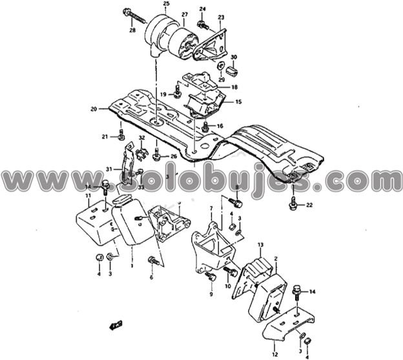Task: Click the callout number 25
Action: (x=166, y=4)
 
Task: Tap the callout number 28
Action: (x=132, y=30)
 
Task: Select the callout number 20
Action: (x=94, y=109)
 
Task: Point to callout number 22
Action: (x=309, y=205)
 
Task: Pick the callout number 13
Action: (x=260, y=245)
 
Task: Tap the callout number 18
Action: (x=234, y=87)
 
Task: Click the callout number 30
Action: (x=234, y=57)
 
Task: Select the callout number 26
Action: (x=173, y=156)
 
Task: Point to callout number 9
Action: (x=211, y=294)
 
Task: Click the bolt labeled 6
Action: (x=154, y=261)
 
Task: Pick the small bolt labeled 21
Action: (x=121, y=135)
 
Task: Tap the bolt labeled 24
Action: (x=203, y=25)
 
